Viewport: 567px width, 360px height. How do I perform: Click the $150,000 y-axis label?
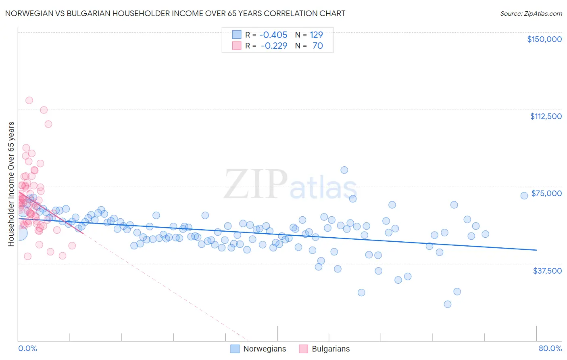tap(544, 39)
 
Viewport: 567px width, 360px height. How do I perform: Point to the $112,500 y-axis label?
tap(546, 116)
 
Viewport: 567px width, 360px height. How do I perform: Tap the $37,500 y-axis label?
tap(547, 271)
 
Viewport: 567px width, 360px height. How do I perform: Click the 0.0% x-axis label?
tap(27, 348)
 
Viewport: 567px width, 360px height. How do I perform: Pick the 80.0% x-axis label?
tap(550, 348)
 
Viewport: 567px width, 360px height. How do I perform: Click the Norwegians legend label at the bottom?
tap(265, 349)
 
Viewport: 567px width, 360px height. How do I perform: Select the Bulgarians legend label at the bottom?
tap(331, 349)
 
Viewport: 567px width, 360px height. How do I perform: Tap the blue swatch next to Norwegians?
tap(235, 349)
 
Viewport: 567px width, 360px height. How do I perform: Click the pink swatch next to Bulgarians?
tap(304, 349)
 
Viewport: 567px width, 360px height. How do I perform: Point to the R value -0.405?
tap(273, 35)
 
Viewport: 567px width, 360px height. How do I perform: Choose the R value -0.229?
tap(274, 46)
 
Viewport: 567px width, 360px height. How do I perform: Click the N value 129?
tap(316, 35)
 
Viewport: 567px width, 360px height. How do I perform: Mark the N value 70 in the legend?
tap(317, 46)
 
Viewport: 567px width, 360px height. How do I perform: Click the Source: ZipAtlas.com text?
tap(531, 13)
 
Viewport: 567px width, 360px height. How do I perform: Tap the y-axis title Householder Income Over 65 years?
tap(11, 184)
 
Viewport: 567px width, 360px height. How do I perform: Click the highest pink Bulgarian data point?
tap(29, 100)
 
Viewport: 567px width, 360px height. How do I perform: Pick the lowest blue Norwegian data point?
tap(447, 304)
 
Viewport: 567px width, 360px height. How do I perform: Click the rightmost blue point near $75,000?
tap(524, 196)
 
